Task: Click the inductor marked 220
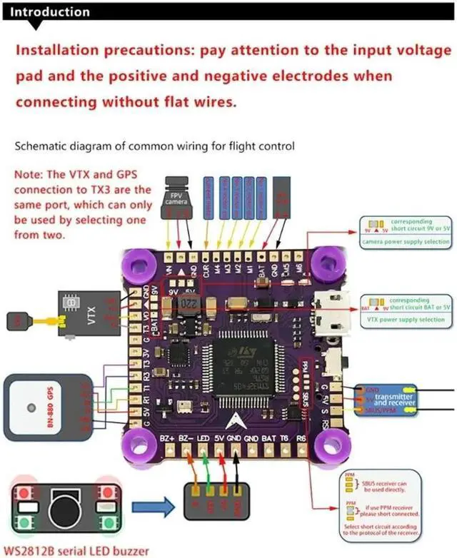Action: [x=188, y=307]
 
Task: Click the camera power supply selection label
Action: [x=406, y=242]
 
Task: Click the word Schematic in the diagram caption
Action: [x=41, y=147]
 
